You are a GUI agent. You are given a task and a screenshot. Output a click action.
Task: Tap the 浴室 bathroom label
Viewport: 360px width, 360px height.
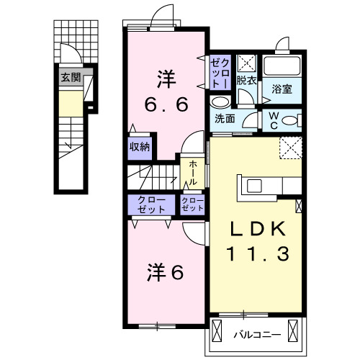point(282,90)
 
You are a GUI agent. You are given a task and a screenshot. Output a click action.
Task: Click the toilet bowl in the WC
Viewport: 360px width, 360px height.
point(289,120)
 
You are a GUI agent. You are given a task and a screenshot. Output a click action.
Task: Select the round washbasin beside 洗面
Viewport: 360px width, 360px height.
point(220,102)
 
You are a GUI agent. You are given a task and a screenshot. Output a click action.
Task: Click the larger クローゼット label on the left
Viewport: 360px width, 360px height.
point(146,204)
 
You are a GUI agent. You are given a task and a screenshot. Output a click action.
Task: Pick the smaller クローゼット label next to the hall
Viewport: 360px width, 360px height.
point(192,204)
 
